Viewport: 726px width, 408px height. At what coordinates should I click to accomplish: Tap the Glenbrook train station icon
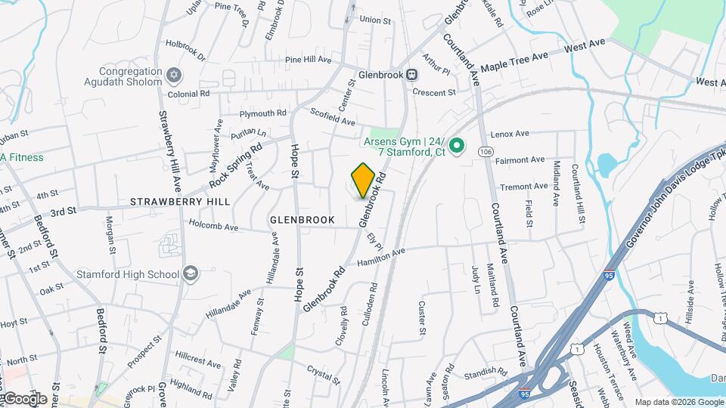[x=411, y=75]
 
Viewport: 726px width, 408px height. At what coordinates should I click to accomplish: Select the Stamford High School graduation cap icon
[x=191, y=274]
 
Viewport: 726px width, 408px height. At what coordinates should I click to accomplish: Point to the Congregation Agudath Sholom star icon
[x=175, y=76]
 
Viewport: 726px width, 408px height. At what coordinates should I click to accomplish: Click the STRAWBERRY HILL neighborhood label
[x=180, y=202]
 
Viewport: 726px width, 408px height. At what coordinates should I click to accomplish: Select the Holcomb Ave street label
[x=213, y=226]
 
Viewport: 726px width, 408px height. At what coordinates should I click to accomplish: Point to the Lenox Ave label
[x=510, y=134]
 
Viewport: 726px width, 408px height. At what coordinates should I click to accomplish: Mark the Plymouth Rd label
[x=262, y=113]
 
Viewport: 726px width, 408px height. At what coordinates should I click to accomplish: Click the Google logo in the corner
[x=24, y=398]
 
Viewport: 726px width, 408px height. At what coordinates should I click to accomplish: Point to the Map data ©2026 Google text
[x=678, y=402]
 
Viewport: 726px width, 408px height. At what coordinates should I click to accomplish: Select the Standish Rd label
[x=486, y=372]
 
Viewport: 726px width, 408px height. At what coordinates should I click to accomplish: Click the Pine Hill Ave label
[x=309, y=59]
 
